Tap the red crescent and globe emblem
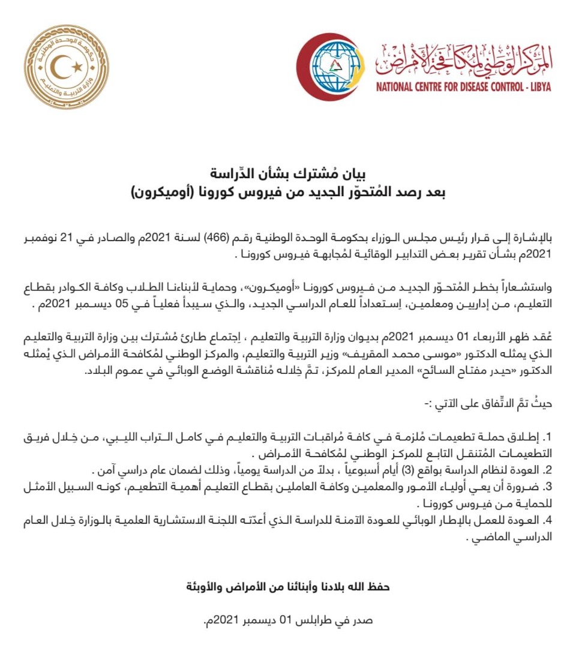point(329,67)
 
